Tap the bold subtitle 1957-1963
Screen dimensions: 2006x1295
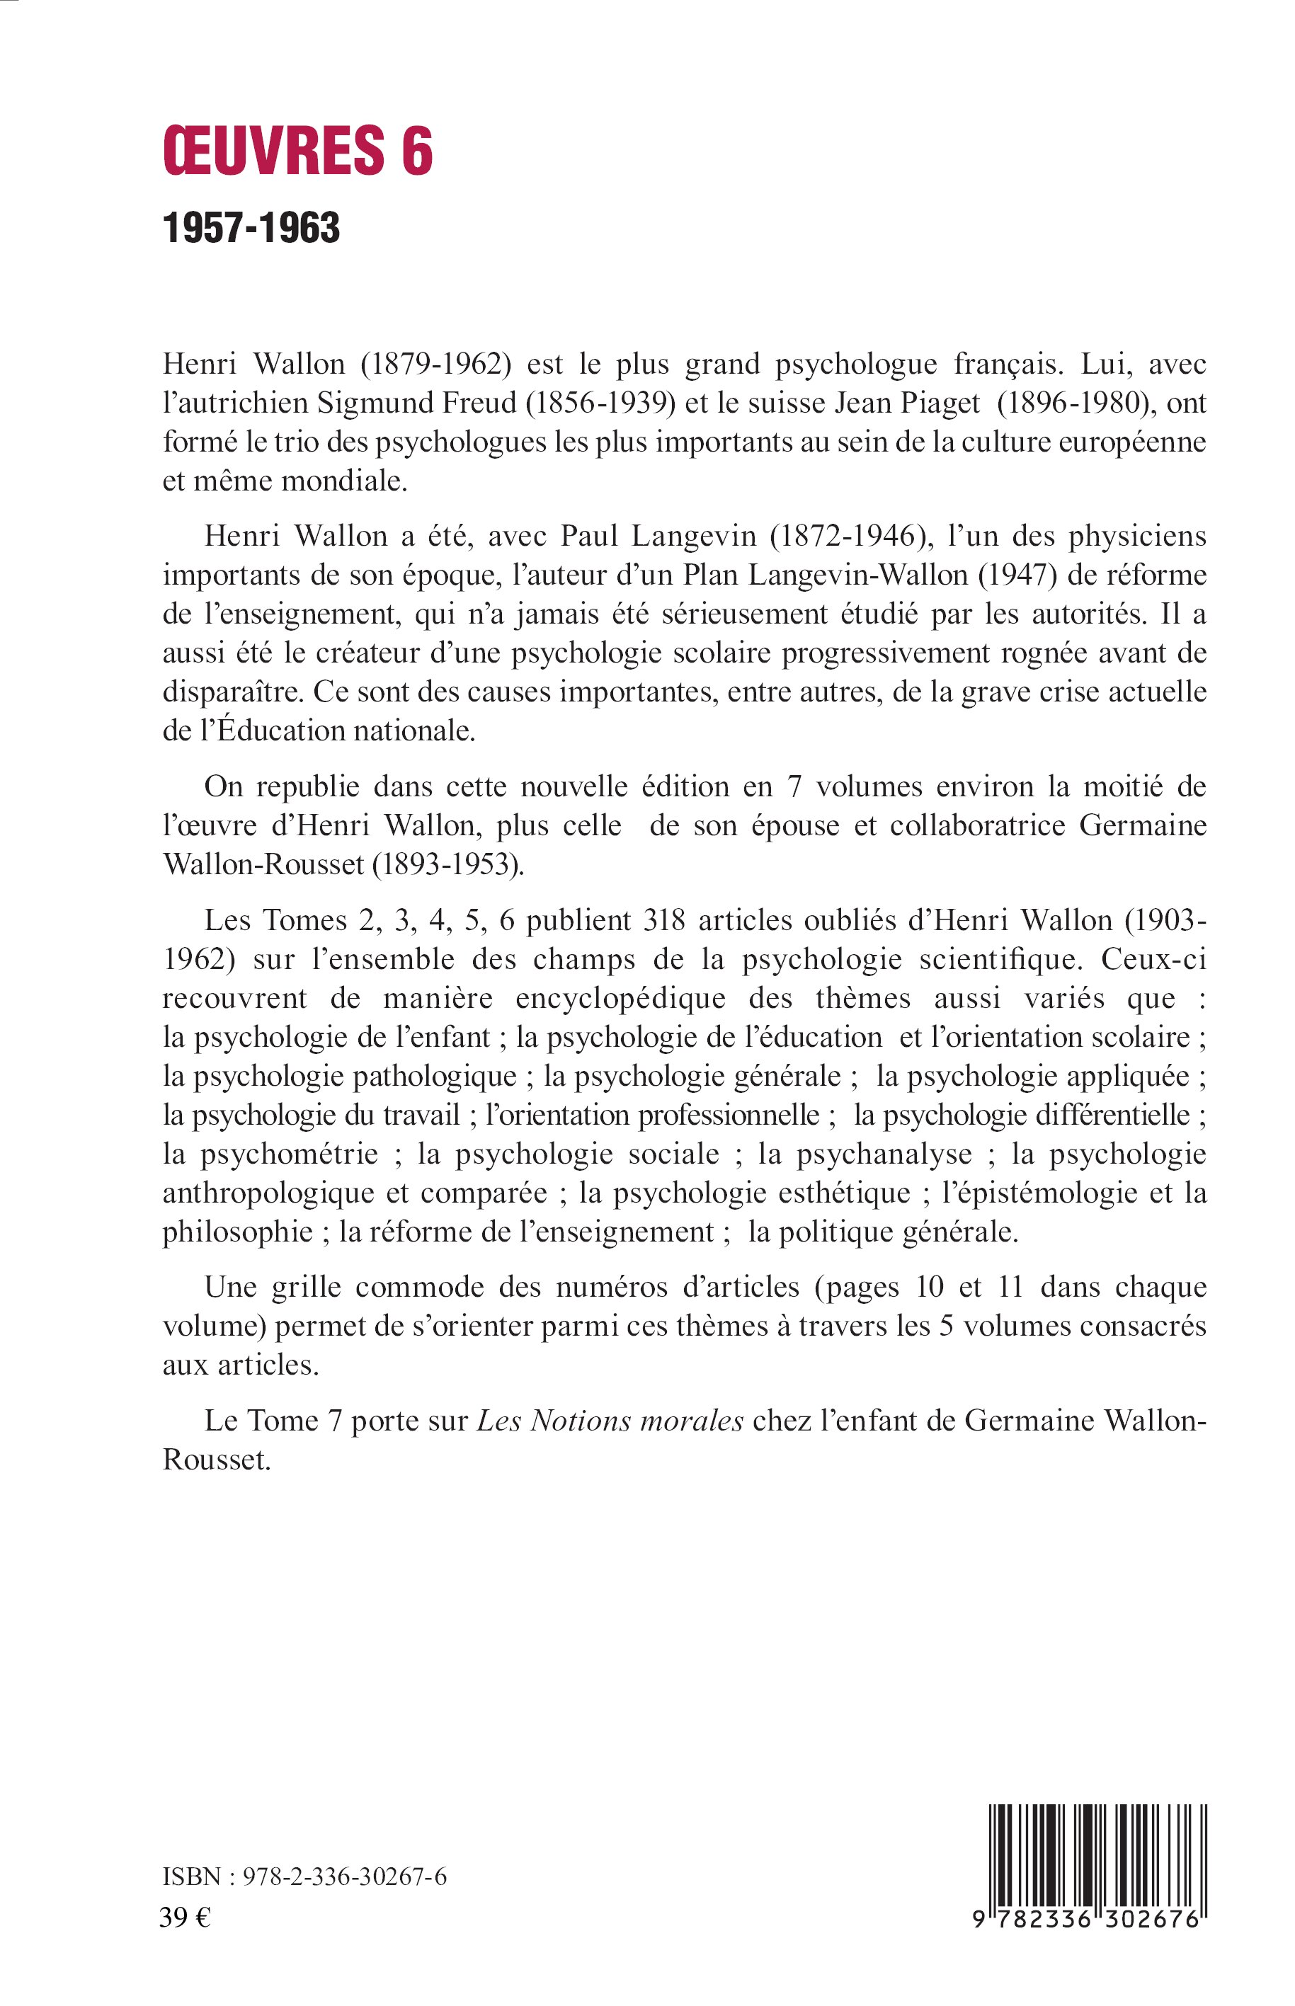(x=251, y=228)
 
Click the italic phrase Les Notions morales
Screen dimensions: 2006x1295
(x=610, y=1420)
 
